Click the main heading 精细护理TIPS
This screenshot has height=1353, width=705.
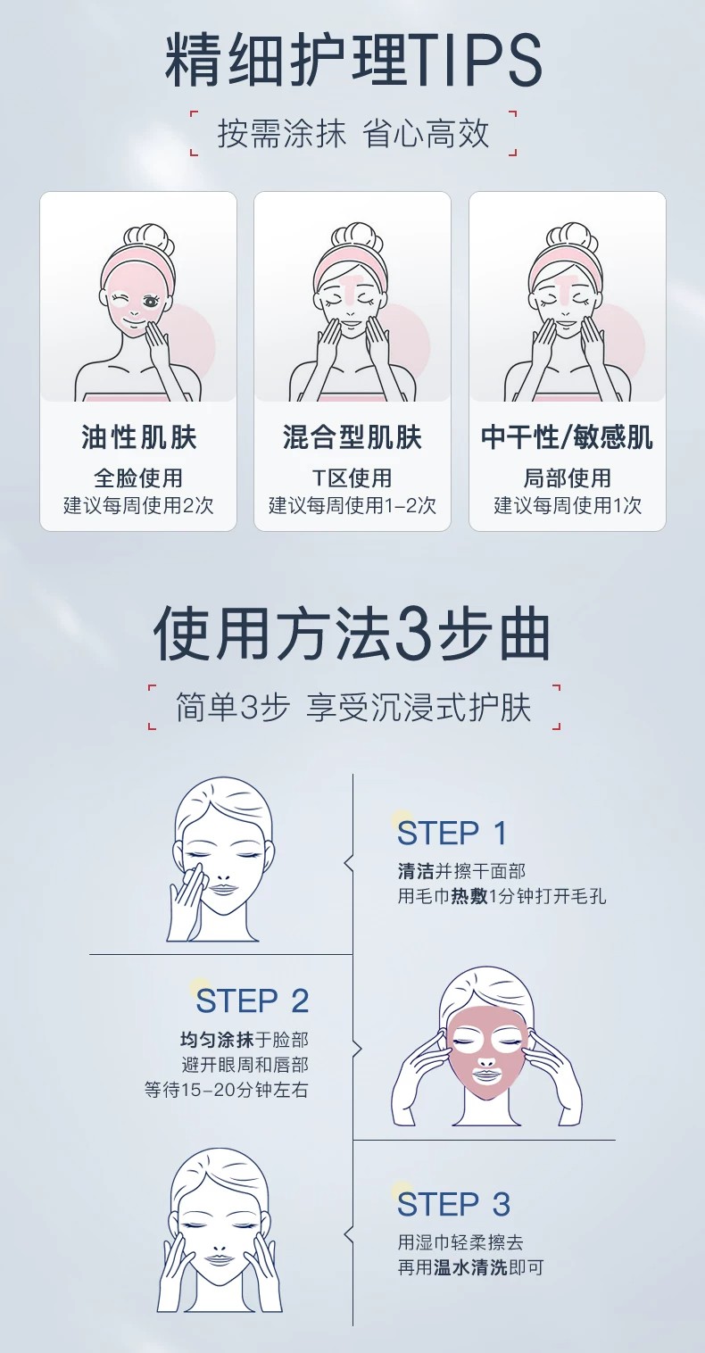(353, 61)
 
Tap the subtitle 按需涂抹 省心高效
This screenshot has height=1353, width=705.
(353, 133)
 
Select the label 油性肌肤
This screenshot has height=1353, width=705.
(139, 436)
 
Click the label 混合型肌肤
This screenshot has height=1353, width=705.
(352, 436)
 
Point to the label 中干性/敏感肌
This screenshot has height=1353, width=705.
(567, 436)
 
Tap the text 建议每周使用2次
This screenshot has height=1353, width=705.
(139, 505)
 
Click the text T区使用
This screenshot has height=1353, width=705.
(352, 477)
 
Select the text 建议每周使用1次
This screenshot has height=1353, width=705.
(568, 505)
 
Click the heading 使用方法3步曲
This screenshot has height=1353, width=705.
(352, 634)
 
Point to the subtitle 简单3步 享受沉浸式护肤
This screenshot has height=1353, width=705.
(353, 708)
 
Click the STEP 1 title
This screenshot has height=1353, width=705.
(452, 833)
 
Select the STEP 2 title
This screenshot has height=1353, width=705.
(252, 1000)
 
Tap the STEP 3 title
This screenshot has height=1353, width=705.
(453, 1204)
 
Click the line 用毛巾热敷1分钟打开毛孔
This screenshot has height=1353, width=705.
(502, 896)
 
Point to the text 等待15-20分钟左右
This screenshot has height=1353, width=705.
(227, 1090)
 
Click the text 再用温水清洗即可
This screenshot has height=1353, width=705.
(470, 1267)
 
